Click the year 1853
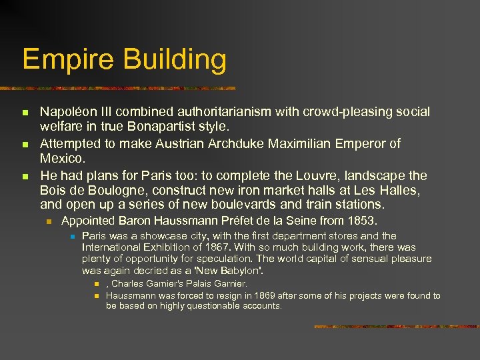(x=363, y=221)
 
